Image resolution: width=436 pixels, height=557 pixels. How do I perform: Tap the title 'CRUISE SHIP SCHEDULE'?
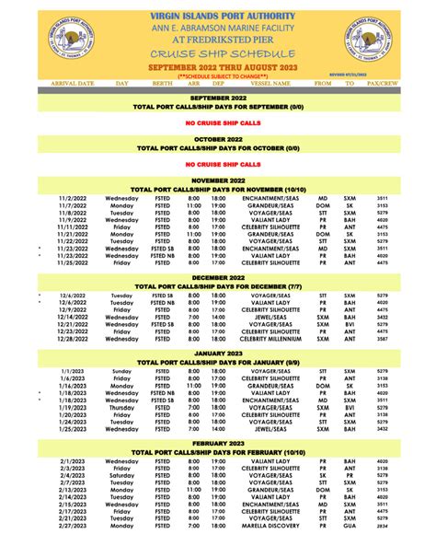(x=218, y=54)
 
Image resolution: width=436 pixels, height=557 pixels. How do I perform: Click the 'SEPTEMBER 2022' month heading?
(x=218, y=97)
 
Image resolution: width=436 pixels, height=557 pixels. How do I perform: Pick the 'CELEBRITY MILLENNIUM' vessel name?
(x=267, y=340)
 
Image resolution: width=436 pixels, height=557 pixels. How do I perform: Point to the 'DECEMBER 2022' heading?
(x=218, y=278)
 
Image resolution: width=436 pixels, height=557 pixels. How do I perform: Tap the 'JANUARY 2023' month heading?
(x=218, y=354)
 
